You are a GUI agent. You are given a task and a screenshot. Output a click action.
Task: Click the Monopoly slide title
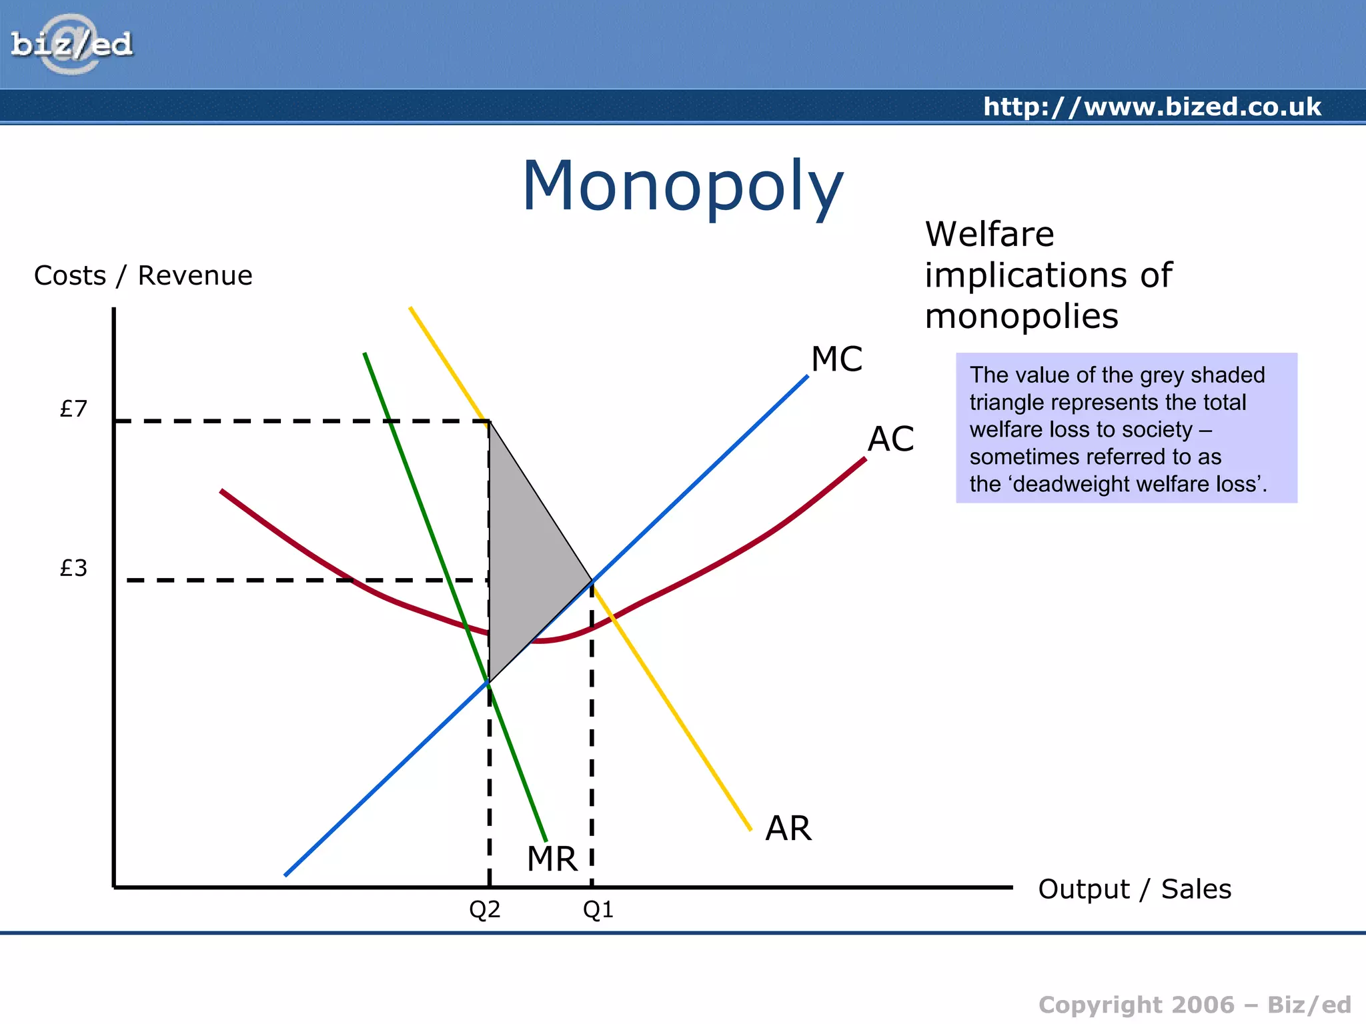pos(682,186)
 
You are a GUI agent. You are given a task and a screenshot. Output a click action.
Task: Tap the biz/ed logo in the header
pos(71,45)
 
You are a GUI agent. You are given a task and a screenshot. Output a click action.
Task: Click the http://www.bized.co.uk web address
pos(1152,107)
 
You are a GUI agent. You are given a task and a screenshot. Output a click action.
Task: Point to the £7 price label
pos(73,409)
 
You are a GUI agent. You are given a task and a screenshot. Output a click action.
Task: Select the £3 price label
pos(73,568)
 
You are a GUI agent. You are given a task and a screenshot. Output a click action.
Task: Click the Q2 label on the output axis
pos(485,909)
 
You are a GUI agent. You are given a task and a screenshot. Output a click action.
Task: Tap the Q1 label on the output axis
pos(598,909)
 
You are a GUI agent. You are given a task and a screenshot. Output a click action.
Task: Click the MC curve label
pos(836,359)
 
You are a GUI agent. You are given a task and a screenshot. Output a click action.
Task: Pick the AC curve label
pos(890,439)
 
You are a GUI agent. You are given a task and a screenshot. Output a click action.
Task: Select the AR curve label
pos(788,829)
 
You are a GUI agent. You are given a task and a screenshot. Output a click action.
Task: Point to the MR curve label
pos(552,859)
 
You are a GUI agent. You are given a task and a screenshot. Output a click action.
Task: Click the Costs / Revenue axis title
pos(143,275)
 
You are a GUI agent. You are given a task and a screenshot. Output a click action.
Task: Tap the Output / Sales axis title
pos(1135,889)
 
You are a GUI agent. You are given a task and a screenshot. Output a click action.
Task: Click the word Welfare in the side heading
pos(990,234)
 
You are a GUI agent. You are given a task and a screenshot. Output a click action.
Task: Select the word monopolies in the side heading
pos(1021,316)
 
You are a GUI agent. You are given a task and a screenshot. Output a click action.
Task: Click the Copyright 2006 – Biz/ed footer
pos(1195,1005)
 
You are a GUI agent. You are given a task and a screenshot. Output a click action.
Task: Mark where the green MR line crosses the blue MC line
pos(489,682)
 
